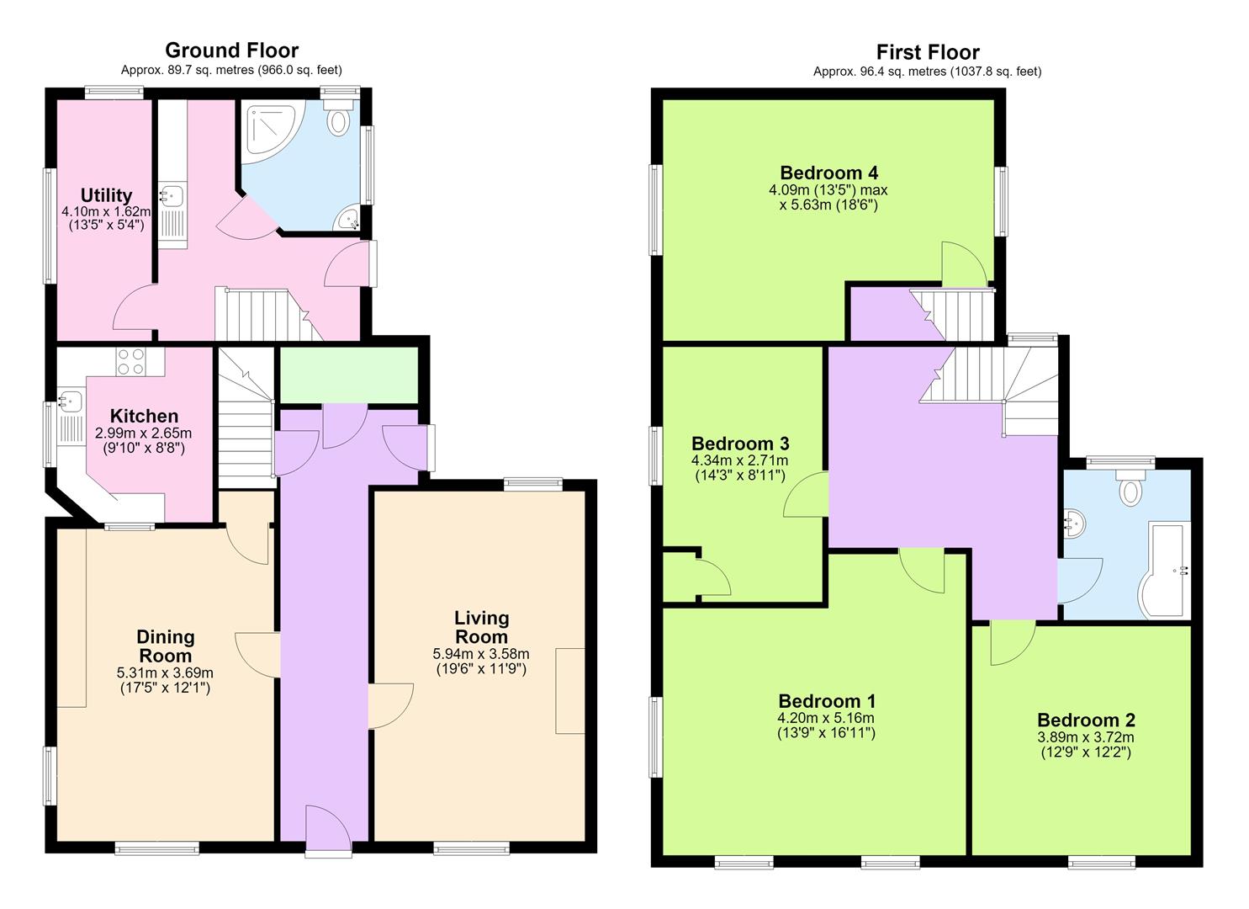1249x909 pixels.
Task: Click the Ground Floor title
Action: pos(231,50)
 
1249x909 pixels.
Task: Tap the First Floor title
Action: pos(928,52)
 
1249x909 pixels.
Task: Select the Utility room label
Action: pos(106,195)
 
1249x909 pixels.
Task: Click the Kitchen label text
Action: pos(144,416)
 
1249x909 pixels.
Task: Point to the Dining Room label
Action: pos(165,646)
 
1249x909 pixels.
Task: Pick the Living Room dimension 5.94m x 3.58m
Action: pos(481,653)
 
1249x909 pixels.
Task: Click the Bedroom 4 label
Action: pos(829,173)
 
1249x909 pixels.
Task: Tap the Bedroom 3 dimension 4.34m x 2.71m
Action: pos(740,460)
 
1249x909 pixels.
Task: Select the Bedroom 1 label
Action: pos(827,701)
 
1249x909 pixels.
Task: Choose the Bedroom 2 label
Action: pos(1086,720)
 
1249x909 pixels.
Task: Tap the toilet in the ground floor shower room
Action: pos(338,117)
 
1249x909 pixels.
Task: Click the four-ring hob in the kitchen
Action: pos(131,361)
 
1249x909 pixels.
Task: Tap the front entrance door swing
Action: pos(329,831)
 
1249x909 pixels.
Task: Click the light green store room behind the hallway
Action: pos(349,375)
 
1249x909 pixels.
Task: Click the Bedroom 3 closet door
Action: pos(714,577)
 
